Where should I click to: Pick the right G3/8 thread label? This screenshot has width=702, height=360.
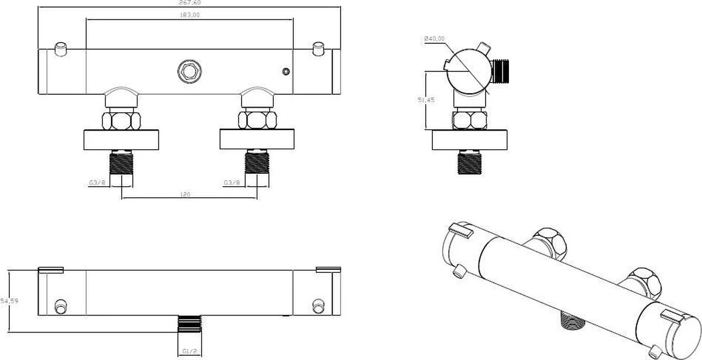231,183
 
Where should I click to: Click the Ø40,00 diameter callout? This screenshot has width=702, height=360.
435,39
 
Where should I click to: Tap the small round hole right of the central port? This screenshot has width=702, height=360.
285,72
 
